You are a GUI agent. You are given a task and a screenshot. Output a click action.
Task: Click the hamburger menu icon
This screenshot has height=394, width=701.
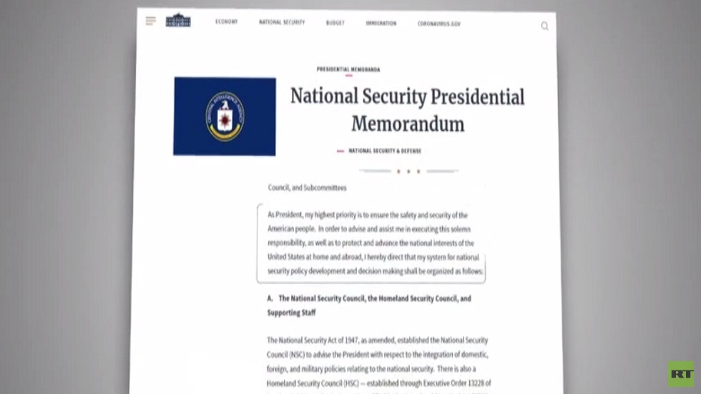(x=150, y=21)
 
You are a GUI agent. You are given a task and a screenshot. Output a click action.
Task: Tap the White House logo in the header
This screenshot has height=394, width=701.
(x=178, y=21)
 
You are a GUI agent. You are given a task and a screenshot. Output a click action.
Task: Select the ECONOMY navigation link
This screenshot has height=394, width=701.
(x=227, y=22)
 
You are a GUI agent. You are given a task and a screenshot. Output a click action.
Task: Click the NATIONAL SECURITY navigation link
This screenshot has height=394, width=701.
(x=282, y=22)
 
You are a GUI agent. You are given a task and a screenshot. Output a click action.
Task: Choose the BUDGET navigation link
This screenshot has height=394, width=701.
(x=335, y=23)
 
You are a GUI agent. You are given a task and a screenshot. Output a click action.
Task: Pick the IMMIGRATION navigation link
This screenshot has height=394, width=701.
(x=381, y=23)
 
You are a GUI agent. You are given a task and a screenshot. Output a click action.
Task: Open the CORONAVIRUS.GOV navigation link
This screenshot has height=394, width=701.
(x=439, y=24)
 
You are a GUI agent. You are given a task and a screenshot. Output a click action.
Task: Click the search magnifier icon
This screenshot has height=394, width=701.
(x=544, y=26)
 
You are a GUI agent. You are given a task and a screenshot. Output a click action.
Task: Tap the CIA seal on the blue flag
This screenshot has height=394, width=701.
(x=225, y=116)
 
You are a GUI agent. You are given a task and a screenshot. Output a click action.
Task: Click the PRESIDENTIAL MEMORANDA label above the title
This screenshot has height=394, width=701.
(x=348, y=69)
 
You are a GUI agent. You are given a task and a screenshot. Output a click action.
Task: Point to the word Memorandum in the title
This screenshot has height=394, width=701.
(x=408, y=124)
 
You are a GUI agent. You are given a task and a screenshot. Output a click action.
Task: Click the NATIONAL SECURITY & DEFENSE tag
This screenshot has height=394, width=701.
(x=385, y=151)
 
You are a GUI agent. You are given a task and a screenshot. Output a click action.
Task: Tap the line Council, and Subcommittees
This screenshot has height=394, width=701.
(x=307, y=188)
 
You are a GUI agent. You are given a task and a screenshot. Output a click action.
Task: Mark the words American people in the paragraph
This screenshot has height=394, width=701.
(x=291, y=229)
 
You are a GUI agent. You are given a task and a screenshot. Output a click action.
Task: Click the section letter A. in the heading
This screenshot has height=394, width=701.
(x=270, y=298)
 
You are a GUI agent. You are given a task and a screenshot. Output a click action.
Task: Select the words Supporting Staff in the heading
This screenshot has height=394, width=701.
(x=291, y=312)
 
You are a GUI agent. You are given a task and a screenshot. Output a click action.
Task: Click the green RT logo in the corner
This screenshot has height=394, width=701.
(x=681, y=374)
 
